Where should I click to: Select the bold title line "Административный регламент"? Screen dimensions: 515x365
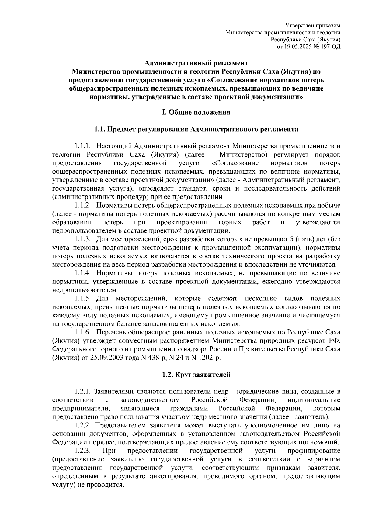(196, 63)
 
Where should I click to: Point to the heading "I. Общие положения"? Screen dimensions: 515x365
(196, 112)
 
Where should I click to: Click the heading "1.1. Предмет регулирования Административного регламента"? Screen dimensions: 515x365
(196, 130)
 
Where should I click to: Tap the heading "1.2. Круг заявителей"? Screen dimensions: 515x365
(196, 375)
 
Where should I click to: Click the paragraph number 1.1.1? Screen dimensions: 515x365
(83, 146)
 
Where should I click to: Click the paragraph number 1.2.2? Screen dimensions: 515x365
(83, 425)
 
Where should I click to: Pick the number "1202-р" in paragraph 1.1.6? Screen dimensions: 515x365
(208, 357)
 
